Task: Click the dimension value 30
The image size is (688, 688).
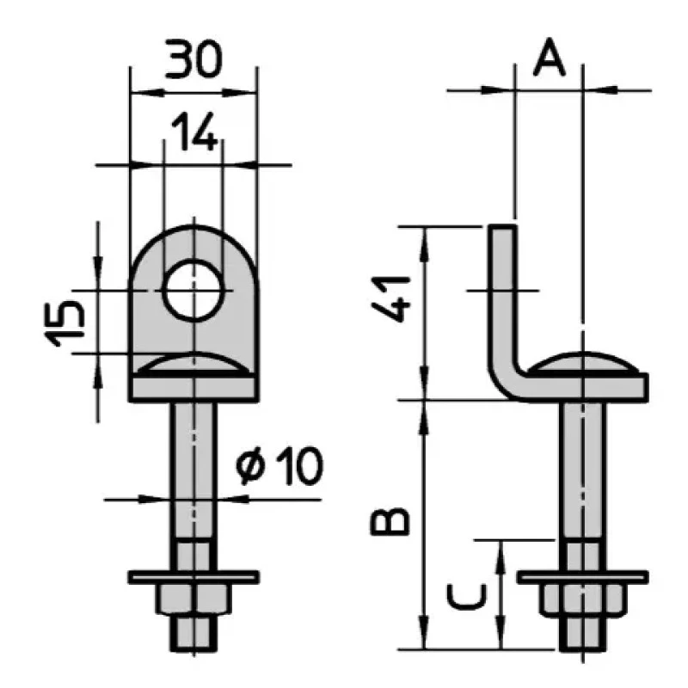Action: click(193, 58)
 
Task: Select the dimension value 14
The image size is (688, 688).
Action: click(194, 132)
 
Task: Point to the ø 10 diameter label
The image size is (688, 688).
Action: click(279, 466)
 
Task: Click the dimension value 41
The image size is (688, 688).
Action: click(390, 298)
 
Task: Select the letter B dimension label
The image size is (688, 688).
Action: click(390, 522)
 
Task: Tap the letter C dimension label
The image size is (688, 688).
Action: click(467, 597)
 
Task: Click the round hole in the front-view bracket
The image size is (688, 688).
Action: click(194, 290)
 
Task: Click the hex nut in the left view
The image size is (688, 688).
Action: click(194, 598)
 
